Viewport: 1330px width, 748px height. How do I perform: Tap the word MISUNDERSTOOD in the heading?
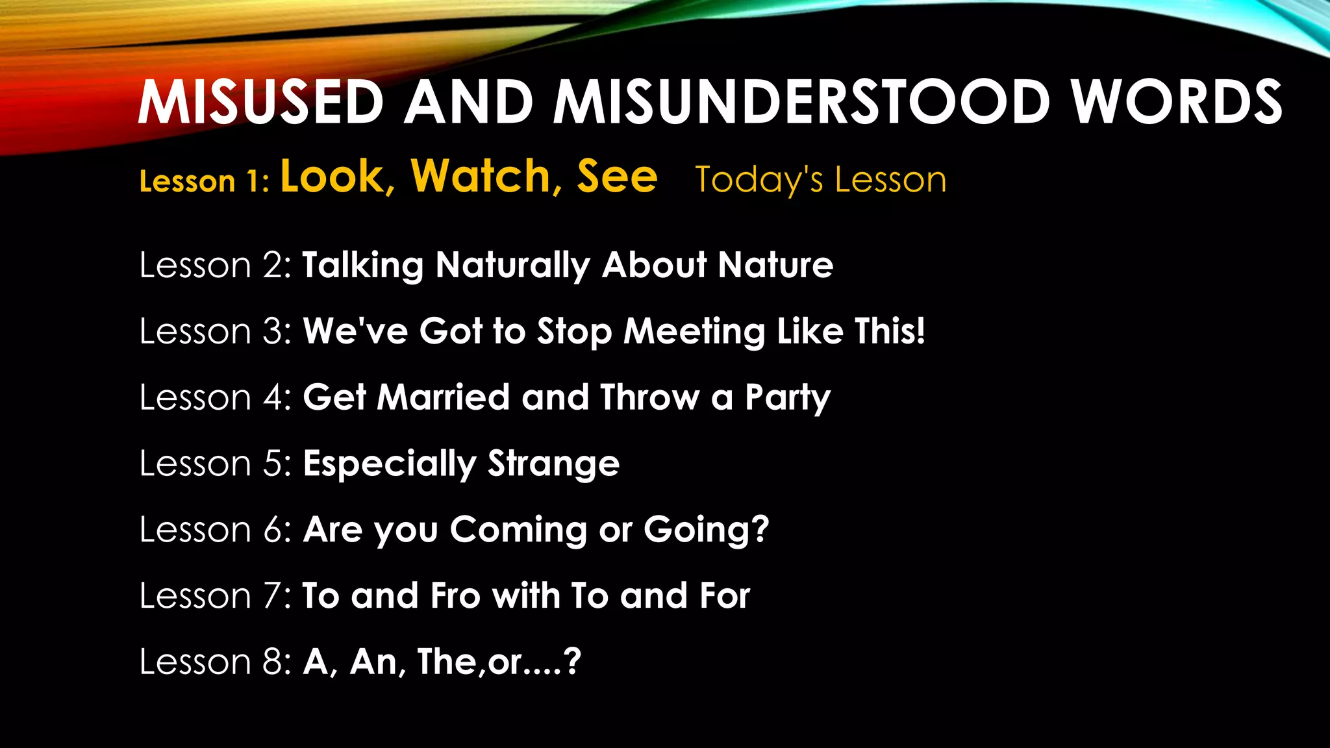click(801, 103)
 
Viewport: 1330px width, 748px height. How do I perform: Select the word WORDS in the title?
click(1177, 103)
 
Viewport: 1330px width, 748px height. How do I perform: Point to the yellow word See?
click(617, 177)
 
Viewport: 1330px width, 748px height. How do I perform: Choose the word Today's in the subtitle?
click(759, 180)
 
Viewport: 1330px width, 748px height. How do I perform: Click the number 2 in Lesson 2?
click(273, 266)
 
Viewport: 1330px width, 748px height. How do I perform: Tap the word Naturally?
click(513, 266)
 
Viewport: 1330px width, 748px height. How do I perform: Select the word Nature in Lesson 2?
click(775, 266)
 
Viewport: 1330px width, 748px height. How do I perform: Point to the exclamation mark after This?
click(919, 330)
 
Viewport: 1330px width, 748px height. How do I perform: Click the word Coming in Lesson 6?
click(518, 530)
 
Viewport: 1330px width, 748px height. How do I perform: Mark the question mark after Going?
click(759, 529)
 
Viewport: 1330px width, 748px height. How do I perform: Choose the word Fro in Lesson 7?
click(455, 596)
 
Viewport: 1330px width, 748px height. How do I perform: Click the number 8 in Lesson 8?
click(273, 662)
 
